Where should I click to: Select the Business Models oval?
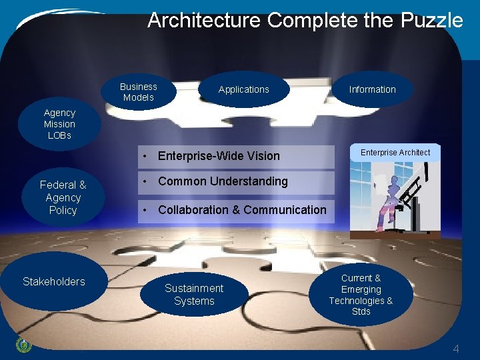(139, 92)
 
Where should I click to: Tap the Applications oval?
(244, 89)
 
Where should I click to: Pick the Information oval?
(372, 89)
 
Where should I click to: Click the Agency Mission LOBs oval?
(59, 124)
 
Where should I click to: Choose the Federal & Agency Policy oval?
(63, 197)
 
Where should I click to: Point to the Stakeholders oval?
(54, 281)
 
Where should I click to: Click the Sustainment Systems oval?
(194, 295)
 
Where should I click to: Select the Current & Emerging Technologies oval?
(361, 295)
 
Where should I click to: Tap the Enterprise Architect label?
(395, 153)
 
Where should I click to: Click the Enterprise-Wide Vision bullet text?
(219, 156)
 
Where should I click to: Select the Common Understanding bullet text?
(223, 181)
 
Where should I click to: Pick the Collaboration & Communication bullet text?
(242, 210)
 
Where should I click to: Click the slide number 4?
(456, 349)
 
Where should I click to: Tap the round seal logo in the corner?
(23, 345)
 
